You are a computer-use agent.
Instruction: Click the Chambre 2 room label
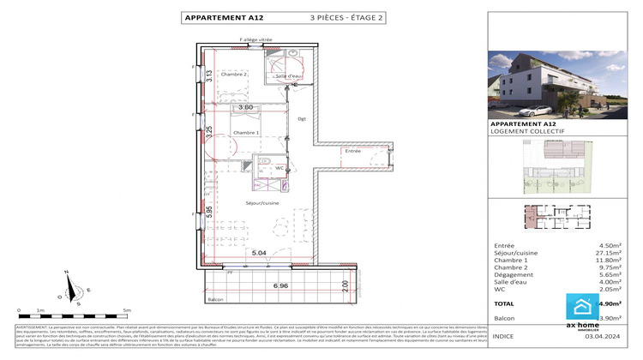[234, 75]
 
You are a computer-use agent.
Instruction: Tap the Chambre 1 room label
[245, 133]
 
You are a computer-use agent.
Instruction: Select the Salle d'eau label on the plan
[289, 77]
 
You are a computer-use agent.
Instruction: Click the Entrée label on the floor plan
[352, 151]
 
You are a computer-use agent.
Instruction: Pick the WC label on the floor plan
[279, 168]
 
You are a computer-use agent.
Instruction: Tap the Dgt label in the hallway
[302, 118]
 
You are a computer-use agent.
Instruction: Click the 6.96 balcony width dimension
[280, 285]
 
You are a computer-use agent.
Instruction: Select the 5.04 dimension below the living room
[259, 253]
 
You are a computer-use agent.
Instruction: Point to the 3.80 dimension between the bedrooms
[245, 107]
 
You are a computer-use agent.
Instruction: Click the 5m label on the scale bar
[127, 310]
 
